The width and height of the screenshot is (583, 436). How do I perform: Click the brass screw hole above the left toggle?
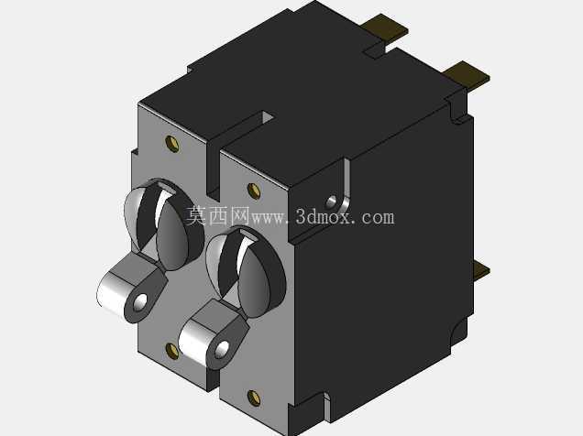click(x=171, y=144)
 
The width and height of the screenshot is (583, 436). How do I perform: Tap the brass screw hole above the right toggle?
click(x=254, y=191)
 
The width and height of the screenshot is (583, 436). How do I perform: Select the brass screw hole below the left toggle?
click(x=171, y=351)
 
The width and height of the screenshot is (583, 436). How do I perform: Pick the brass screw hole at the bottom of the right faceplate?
click(x=254, y=398)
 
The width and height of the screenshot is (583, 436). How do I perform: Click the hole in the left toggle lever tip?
click(x=140, y=302)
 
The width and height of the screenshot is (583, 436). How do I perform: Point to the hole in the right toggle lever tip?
click(x=222, y=349)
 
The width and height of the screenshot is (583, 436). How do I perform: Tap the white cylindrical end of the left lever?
click(x=112, y=292)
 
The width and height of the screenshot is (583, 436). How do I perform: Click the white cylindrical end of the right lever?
click(x=193, y=340)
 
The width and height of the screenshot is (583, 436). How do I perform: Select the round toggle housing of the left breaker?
click(x=163, y=223)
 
